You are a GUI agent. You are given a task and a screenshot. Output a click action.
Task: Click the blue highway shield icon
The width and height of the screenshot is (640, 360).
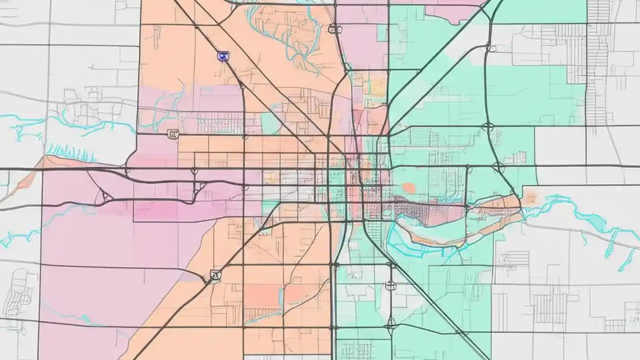point(223,56)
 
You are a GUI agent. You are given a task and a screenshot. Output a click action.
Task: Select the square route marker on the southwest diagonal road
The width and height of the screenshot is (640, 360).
point(215,274)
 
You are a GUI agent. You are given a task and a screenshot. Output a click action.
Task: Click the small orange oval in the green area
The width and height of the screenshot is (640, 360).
point(408,187)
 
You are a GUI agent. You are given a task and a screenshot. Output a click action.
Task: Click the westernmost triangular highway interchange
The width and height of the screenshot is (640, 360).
point(106,196)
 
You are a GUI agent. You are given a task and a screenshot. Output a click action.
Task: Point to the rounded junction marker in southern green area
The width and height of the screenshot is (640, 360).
point(390,285)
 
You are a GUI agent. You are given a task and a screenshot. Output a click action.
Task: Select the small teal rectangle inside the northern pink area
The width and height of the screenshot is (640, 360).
point(382,32)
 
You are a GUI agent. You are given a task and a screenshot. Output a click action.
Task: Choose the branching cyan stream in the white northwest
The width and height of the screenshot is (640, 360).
point(30,125)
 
